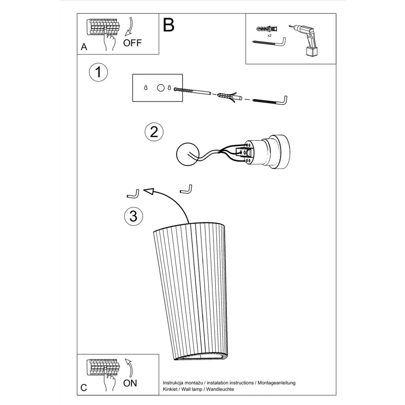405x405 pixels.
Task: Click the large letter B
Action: pyautogui.click(x=169, y=25)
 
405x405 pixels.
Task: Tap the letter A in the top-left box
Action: pyautogui.click(x=84, y=47)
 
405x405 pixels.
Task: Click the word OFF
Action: pyautogui.click(x=132, y=43)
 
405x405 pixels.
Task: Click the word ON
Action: pyautogui.click(x=130, y=383)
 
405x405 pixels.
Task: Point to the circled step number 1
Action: pyautogui.click(x=98, y=73)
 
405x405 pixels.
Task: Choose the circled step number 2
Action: pyautogui.click(x=154, y=132)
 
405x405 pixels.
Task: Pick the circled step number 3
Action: pyautogui.click(x=133, y=216)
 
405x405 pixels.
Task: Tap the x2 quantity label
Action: pyautogui.click(x=269, y=36)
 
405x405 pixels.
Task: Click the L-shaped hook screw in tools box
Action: pyautogui.click(x=270, y=43)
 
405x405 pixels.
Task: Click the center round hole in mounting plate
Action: pyautogui.click(x=161, y=87)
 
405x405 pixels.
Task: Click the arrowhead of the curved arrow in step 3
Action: pyautogui.click(x=150, y=192)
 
